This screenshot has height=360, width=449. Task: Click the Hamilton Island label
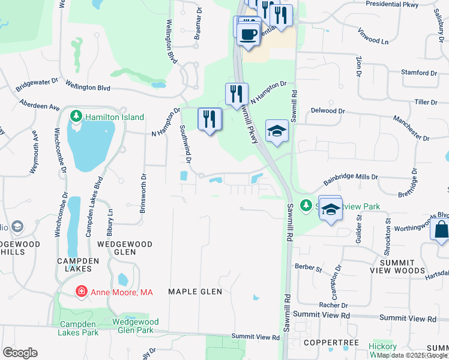pos(114,117)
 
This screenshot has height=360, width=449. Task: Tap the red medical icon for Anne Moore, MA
pos(80,292)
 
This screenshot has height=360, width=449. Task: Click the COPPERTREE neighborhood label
pos(331,343)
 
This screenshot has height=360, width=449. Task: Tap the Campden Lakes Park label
pos(79,328)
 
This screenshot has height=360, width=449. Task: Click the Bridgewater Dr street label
pos(37,83)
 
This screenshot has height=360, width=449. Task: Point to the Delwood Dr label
pos(328,111)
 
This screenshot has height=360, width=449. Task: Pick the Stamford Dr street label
pos(419,73)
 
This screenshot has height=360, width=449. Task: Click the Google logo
pos(20,353)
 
